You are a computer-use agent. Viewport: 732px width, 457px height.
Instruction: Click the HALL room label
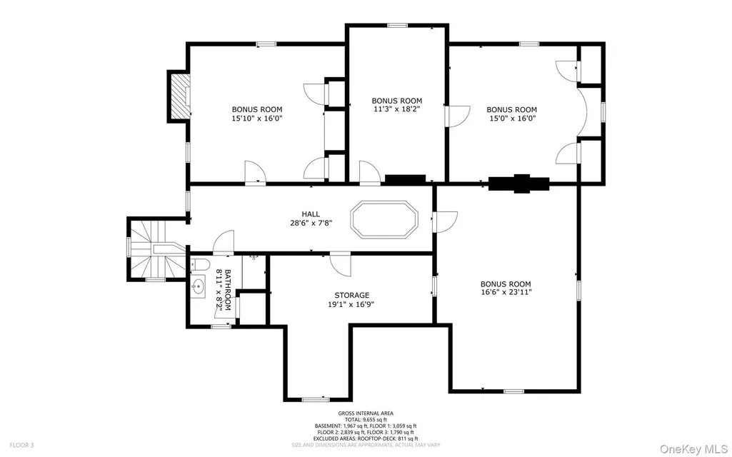tap(311, 214)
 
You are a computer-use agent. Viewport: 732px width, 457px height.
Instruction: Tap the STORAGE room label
tap(351, 295)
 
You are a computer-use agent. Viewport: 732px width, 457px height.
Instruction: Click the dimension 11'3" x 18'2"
tap(397, 109)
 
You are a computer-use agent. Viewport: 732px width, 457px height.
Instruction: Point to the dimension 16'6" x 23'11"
tap(506, 292)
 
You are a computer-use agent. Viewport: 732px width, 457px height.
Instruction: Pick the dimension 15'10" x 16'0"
tap(257, 118)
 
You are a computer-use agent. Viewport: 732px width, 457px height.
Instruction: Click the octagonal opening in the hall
tap(384, 219)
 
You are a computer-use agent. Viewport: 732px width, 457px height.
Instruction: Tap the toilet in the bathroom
tap(199, 265)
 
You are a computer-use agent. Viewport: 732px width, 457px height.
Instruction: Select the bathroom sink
tap(199, 286)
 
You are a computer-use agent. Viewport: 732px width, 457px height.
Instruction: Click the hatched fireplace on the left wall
tap(180, 96)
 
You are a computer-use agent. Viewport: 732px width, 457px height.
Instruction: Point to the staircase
tap(156, 248)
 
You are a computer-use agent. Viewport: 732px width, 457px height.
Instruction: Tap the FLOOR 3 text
tap(21, 446)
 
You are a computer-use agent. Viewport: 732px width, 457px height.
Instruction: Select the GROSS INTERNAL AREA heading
tap(366, 413)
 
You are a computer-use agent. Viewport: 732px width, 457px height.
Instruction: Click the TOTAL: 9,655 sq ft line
tap(366, 420)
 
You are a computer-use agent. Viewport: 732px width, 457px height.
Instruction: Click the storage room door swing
tap(341, 265)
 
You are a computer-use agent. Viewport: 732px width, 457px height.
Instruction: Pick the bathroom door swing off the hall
tap(224, 242)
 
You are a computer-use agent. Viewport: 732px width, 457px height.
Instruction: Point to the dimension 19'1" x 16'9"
tap(351, 304)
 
